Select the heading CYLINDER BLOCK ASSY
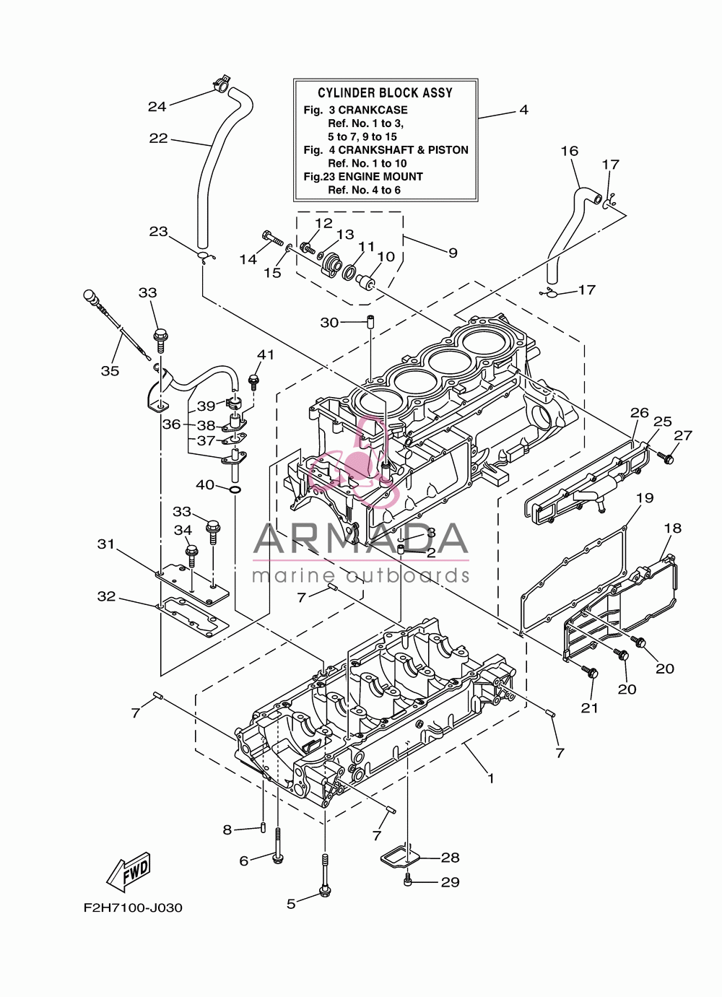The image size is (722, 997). click(385, 92)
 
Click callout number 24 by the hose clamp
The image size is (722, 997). click(157, 106)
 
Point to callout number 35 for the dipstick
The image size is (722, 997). click(110, 370)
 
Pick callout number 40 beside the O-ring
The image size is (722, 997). click(205, 484)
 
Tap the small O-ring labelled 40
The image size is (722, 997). click(235, 489)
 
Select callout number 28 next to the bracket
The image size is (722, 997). click(450, 857)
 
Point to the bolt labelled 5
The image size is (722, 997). click(324, 871)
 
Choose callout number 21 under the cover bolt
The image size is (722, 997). click(590, 708)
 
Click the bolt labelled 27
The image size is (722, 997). click(666, 457)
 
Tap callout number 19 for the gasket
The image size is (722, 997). click(645, 497)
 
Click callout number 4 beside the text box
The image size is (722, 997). click(524, 110)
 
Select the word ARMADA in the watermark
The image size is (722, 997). click(360, 538)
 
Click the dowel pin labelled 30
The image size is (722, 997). click(370, 322)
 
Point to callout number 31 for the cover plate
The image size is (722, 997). click(106, 544)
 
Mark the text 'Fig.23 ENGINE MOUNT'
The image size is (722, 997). click(362, 177)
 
